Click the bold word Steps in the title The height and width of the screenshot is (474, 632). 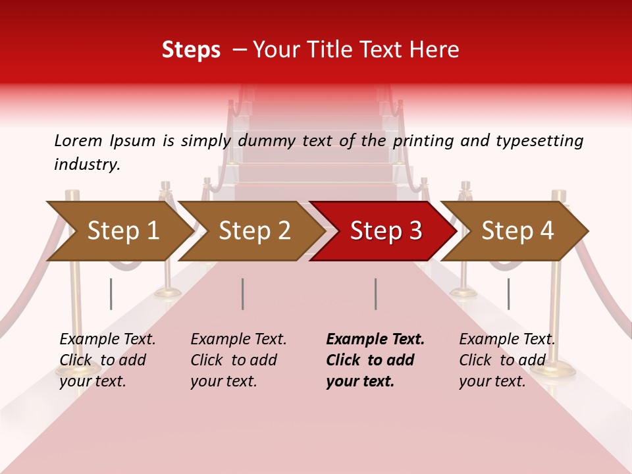tap(191, 50)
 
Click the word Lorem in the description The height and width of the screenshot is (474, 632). tap(78, 141)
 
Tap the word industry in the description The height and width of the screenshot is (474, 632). tap(86, 165)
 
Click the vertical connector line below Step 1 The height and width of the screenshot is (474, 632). tap(111, 294)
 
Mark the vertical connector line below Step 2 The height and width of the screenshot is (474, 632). tap(243, 294)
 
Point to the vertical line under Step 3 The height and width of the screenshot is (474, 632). tap(375, 294)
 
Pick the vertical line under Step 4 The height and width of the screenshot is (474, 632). tap(508, 294)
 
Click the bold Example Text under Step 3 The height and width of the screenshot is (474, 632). tap(375, 340)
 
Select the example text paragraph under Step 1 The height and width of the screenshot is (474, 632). tap(105, 360)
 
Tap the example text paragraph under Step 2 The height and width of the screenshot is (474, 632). tap(237, 360)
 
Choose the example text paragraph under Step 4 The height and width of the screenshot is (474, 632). tap(506, 360)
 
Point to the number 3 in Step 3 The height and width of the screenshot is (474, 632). tap(415, 231)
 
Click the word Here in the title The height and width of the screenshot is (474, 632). tap(435, 50)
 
